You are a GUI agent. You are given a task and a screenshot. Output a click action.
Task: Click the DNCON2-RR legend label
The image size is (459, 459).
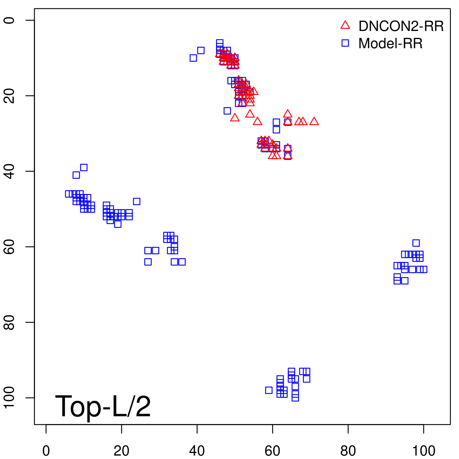coord(401,26)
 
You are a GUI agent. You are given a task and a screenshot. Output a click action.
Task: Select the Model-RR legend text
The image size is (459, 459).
coord(390,44)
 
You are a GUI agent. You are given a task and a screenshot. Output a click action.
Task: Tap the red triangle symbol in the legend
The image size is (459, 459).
coord(345,25)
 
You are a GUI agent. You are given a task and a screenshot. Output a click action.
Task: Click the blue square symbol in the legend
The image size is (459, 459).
coord(345,43)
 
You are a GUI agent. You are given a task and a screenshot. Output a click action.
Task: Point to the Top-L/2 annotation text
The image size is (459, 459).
coord(103,406)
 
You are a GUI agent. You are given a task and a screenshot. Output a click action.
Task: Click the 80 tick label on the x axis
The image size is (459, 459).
coord(348,451)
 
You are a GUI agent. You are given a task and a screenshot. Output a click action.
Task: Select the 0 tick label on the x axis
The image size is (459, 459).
coord(46,451)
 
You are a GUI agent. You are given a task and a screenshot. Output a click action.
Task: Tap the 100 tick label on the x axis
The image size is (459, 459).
coord(423,451)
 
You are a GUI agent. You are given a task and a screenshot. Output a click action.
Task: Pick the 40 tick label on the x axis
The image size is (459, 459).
coord(197,451)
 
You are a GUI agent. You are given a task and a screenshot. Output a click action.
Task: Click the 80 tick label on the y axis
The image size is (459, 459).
coord(9,322)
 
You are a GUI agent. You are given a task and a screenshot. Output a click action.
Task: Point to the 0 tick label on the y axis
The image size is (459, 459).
coord(9,20)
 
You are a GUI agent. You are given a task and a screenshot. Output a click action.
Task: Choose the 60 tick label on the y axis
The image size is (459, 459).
coord(9,247)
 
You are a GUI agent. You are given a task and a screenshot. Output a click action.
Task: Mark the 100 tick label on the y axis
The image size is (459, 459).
coord(9,398)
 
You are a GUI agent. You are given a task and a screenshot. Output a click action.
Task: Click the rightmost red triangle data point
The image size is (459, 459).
coord(314,121)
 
